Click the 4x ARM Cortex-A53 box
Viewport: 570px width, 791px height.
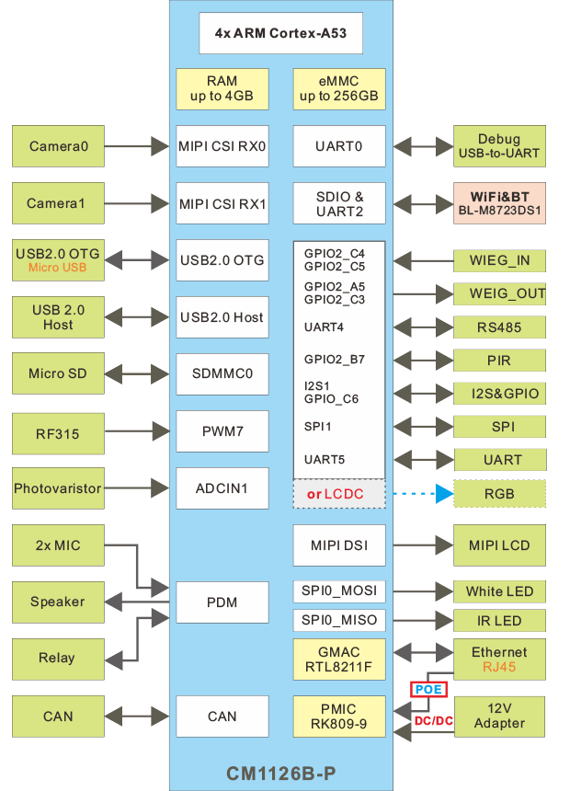(281, 32)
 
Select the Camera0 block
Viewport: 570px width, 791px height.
(59, 146)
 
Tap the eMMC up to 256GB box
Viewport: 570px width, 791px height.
(338, 89)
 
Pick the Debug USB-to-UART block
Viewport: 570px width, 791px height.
(499, 146)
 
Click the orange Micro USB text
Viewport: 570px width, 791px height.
(58, 268)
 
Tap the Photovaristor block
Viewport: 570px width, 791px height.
(58, 489)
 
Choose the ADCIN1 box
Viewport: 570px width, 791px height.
(222, 489)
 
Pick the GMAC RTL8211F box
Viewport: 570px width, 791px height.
(338, 659)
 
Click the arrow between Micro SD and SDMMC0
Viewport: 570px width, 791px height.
(139, 374)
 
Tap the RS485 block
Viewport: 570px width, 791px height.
(499, 327)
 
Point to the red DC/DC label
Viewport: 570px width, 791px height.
(434, 720)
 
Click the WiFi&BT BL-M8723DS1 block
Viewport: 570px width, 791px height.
(499, 203)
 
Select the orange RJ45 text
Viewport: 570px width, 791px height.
(499, 668)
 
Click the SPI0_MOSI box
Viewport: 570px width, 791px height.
(338, 590)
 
